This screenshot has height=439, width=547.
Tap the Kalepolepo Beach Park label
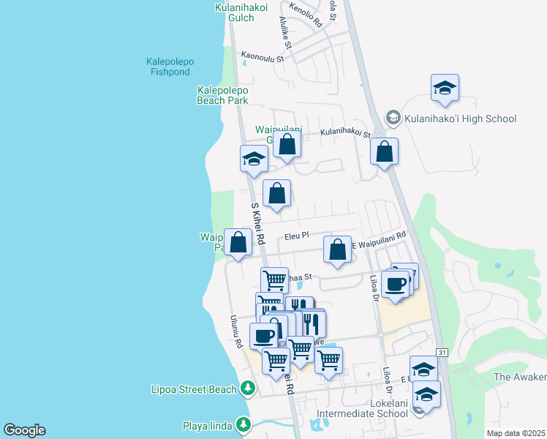coord(222,95)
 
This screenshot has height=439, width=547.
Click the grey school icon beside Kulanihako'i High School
coord(393,119)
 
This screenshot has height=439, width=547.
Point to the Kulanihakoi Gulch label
coord(235,12)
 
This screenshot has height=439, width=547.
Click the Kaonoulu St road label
coord(262,56)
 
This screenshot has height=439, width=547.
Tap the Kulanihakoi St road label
coord(346,132)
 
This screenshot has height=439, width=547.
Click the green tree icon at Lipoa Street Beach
coord(249,388)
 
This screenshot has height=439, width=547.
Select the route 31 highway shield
coord(442,353)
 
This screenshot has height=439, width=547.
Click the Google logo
coord(24,430)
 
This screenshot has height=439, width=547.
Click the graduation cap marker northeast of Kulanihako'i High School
coord(445,89)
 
